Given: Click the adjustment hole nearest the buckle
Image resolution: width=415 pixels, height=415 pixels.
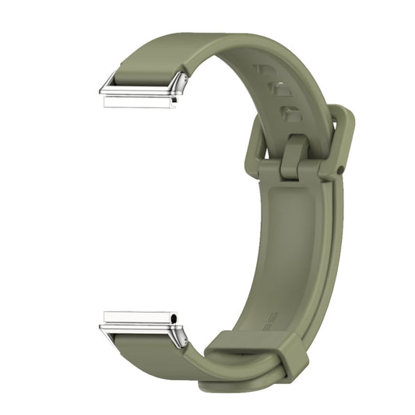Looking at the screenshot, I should click(x=289, y=114).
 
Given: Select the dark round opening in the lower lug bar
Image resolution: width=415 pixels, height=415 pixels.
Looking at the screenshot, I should click(x=174, y=318).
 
